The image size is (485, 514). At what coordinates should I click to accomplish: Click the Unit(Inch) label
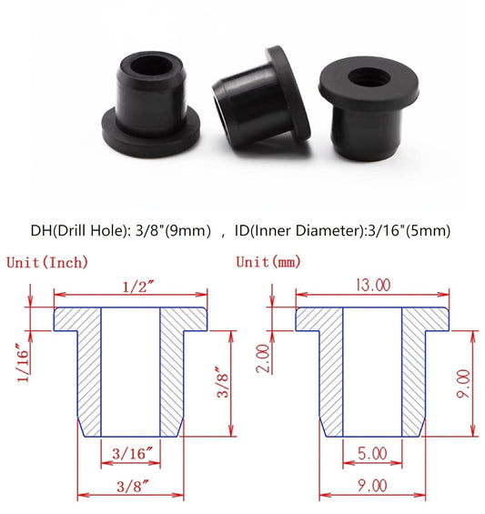coord(48,262)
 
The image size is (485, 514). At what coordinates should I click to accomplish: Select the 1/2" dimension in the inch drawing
coord(130,286)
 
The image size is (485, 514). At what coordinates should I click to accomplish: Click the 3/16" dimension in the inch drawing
coord(130,452)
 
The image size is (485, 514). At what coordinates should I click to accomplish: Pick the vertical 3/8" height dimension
coord(219,381)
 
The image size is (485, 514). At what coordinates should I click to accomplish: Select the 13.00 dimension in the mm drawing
coord(372,286)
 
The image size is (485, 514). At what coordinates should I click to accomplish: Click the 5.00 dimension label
coord(372,452)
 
